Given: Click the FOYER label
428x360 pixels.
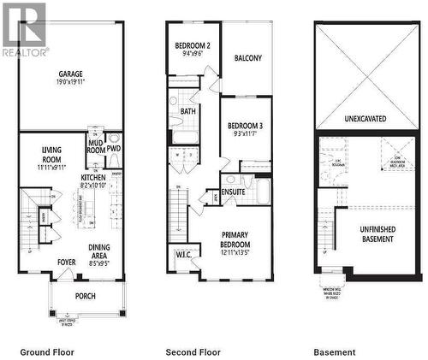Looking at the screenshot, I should click(x=67, y=263).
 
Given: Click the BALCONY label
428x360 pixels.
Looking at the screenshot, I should click(x=247, y=58).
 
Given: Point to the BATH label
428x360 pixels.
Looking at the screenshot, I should click(x=188, y=111).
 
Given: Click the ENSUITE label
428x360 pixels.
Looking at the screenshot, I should click(x=234, y=192).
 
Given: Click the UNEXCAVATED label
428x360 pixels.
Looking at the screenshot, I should click(x=364, y=118).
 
